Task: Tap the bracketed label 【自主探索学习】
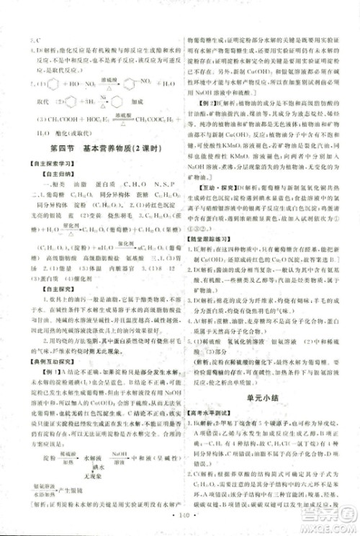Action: click(37, 163)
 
